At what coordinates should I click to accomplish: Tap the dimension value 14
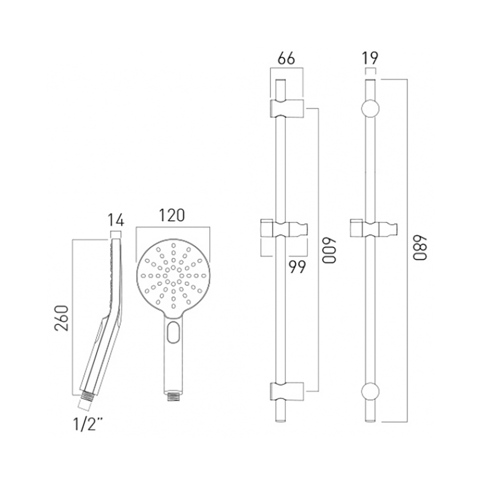coord(115,220)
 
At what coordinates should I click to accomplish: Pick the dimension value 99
coord(297,267)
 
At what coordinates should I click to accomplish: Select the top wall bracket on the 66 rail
coord(287,109)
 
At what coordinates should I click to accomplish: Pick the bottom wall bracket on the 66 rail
coord(287,391)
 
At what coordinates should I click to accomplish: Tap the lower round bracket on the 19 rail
coord(370,391)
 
